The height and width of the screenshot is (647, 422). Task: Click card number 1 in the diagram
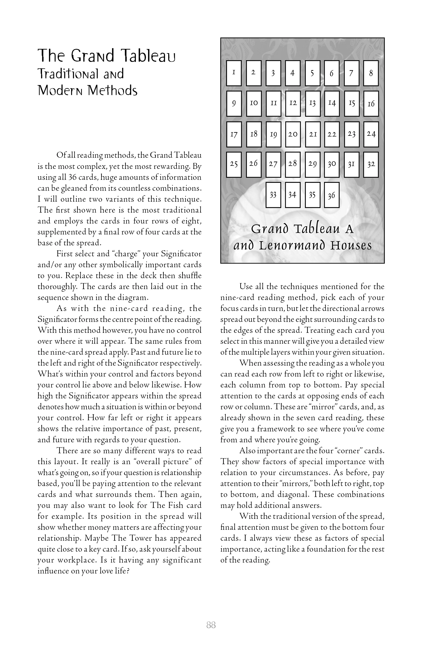coord(234,73)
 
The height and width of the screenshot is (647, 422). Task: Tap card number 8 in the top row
coord(371,73)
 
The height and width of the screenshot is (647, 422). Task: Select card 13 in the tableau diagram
coord(312,104)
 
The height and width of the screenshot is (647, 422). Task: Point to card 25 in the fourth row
coord(234,164)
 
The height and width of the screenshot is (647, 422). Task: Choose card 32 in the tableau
coord(371,164)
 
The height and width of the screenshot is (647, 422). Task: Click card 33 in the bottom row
coord(273,195)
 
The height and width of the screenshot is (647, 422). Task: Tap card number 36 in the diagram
coord(332,195)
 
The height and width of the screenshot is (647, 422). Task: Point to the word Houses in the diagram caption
coord(351,245)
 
